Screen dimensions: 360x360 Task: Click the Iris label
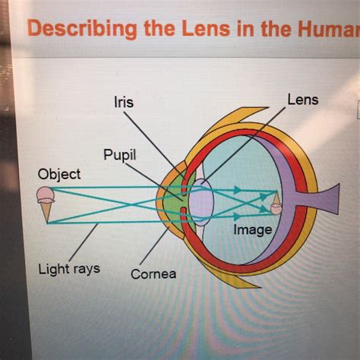click(124, 103)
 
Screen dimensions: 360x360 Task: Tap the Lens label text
click(303, 99)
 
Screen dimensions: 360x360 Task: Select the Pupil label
click(119, 155)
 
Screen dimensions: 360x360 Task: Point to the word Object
click(59, 175)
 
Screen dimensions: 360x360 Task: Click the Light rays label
click(69, 269)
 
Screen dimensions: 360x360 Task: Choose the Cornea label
click(153, 274)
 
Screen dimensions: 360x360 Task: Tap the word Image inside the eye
click(253, 230)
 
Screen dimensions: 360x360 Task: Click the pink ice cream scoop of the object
click(46, 194)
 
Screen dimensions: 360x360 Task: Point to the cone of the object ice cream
click(46, 212)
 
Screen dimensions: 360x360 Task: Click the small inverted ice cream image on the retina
click(276, 204)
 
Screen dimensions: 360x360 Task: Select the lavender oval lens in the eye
click(201, 202)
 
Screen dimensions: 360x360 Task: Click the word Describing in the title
click(83, 29)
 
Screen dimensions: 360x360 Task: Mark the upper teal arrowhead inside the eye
click(237, 190)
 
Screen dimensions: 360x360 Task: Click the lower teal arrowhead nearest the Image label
click(237, 216)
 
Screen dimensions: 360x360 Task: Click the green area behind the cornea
click(175, 203)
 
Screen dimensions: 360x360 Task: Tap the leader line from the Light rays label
click(83, 242)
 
